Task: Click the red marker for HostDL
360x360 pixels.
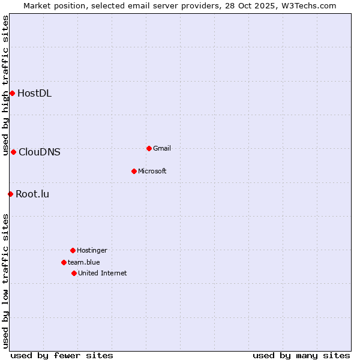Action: tap(12, 93)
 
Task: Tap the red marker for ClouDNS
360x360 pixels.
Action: tap(13, 152)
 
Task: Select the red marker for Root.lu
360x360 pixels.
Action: tap(10, 194)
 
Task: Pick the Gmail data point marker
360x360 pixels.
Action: tap(149, 148)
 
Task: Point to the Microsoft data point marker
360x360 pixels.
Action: tap(134, 171)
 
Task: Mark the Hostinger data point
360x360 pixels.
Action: tap(73, 250)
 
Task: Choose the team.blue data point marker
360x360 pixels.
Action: tap(64, 262)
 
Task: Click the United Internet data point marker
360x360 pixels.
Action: tap(74, 273)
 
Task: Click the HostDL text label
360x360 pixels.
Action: tap(34, 93)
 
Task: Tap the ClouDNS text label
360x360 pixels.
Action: tap(40, 152)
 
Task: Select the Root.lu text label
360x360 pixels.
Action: tap(32, 194)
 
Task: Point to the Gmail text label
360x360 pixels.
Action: tap(162, 148)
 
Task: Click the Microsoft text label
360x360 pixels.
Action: tap(152, 171)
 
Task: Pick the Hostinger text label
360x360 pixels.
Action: tap(92, 250)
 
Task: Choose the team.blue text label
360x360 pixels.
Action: tap(84, 262)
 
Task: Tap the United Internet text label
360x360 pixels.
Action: tap(103, 273)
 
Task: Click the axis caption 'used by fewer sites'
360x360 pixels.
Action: tap(62, 355)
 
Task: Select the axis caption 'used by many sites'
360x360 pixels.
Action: tap(301, 355)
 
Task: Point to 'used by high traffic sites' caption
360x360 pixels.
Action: tap(6, 86)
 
